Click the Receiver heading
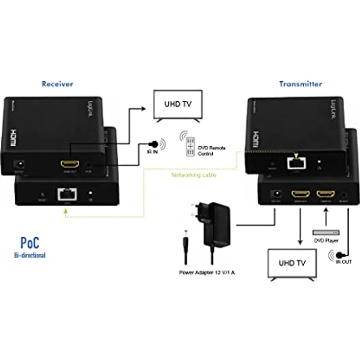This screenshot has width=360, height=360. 57,84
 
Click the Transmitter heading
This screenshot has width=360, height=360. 300,84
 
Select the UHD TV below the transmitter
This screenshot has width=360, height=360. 292,264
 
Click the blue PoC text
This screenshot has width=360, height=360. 30,242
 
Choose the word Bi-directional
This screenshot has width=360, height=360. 30,255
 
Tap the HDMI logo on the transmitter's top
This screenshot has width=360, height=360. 254,135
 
